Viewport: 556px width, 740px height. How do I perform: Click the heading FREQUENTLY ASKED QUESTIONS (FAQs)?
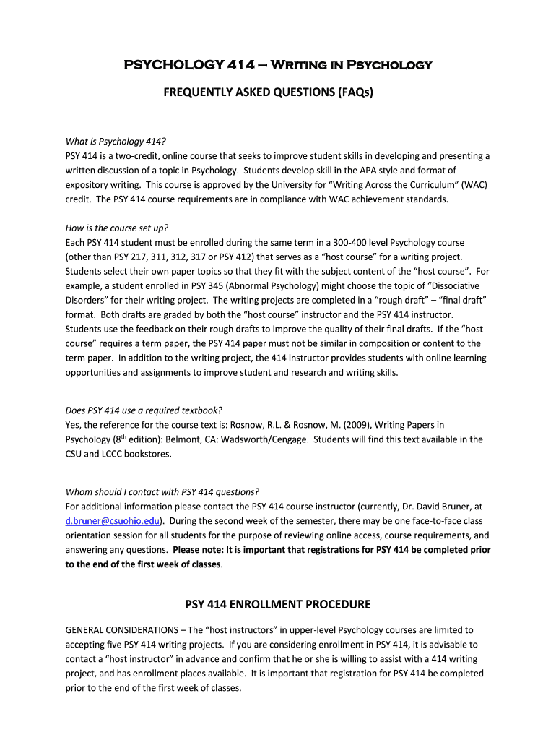(278, 92)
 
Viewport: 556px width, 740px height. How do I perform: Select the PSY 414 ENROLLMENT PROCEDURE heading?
(278, 604)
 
